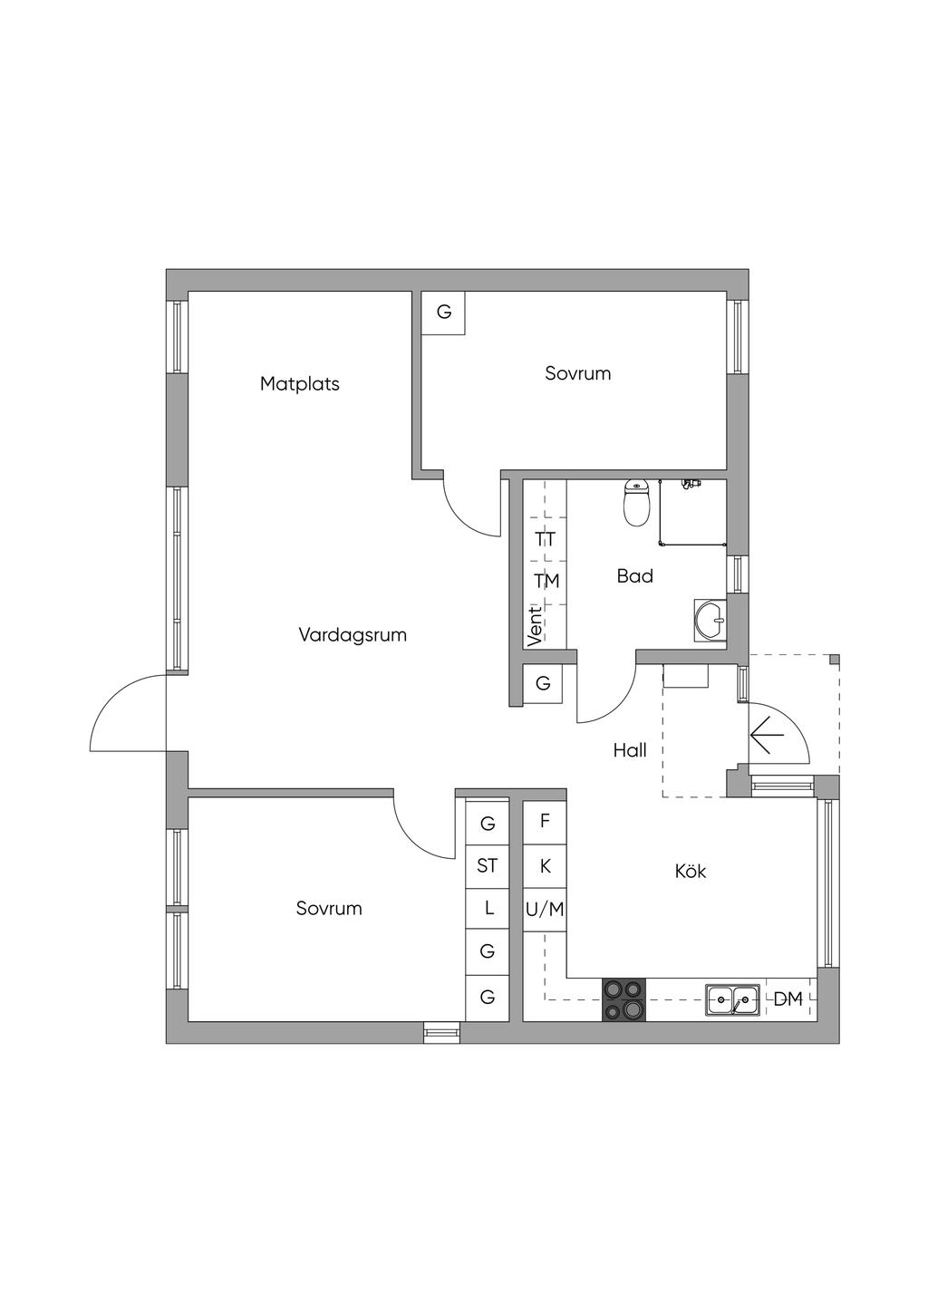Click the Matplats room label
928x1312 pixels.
(300, 383)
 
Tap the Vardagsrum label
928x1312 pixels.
(353, 635)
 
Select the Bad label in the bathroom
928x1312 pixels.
(634, 576)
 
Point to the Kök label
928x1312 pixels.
(690, 872)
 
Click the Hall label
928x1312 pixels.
(630, 750)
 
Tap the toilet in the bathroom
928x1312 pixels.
(637, 504)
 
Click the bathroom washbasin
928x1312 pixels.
(710, 620)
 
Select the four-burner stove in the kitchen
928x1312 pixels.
(624, 1000)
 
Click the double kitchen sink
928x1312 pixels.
(732, 1000)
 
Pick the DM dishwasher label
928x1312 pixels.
(788, 999)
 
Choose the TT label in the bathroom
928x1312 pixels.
(546, 539)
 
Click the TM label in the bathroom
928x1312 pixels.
(546, 581)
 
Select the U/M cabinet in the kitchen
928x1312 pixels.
(545, 909)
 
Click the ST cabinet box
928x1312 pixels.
(488, 866)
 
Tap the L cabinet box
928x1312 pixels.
(488, 908)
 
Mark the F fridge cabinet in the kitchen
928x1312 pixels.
(545, 822)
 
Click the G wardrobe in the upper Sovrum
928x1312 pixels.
(444, 313)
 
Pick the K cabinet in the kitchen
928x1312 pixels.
(545, 866)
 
